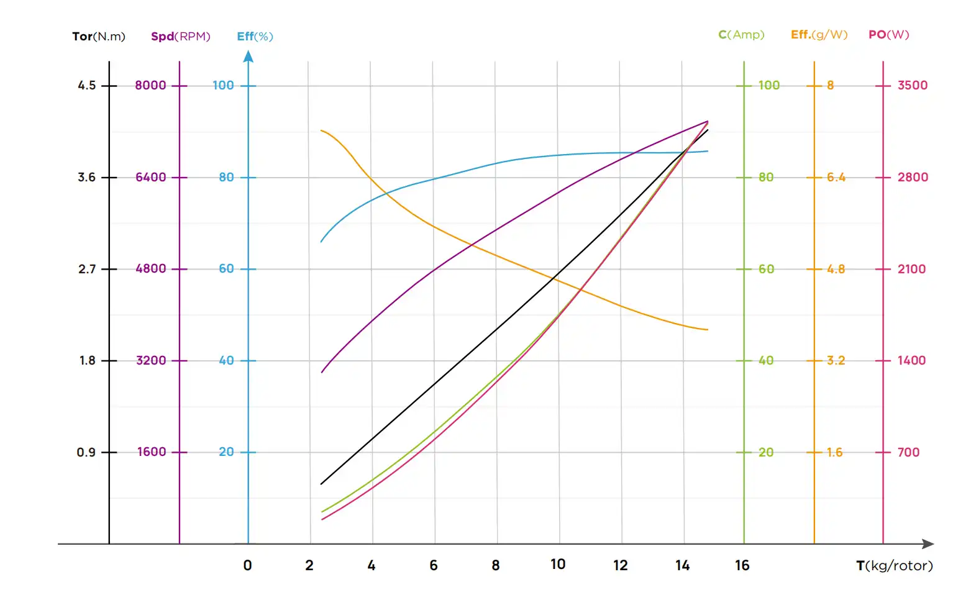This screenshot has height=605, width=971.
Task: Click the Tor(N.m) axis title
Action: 99,36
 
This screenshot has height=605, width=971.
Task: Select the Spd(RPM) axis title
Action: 180,36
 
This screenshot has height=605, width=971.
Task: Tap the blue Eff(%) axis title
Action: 255,36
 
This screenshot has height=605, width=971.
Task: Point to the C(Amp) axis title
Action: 741,35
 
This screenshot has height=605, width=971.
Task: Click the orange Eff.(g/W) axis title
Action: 819,35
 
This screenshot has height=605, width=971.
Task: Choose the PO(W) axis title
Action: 888,35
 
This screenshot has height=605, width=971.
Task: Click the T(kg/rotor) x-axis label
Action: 894,565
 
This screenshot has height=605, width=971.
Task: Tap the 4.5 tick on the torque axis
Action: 87,85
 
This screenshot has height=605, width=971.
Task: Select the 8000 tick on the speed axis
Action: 150,85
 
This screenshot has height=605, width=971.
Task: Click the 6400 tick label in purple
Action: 151,177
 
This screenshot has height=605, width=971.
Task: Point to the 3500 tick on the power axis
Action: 912,85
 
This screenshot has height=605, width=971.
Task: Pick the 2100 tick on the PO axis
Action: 911,269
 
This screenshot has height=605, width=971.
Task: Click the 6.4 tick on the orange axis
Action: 836,177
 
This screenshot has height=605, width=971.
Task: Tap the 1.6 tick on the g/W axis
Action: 834,452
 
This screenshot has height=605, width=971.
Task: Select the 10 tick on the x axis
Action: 558,564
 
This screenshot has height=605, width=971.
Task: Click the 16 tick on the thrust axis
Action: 742,565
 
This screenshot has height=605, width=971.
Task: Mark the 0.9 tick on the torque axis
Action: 86,452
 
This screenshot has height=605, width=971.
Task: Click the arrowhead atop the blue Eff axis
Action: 248,57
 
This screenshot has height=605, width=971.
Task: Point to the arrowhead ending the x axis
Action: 928,544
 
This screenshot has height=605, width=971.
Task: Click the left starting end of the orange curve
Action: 321,130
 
